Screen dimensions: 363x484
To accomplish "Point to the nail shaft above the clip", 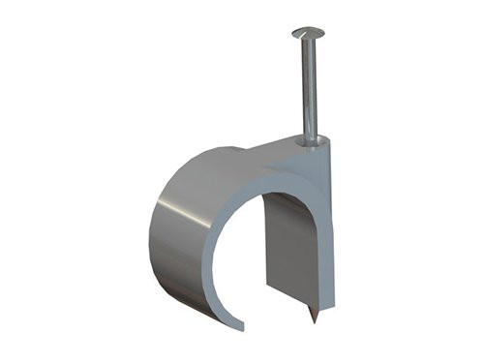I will (x=309, y=87).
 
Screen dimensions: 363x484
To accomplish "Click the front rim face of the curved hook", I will (x=215, y=218).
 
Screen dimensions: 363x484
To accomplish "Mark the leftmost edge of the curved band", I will (x=151, y=237).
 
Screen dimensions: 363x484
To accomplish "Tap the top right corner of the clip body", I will (x=330, y=137).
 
